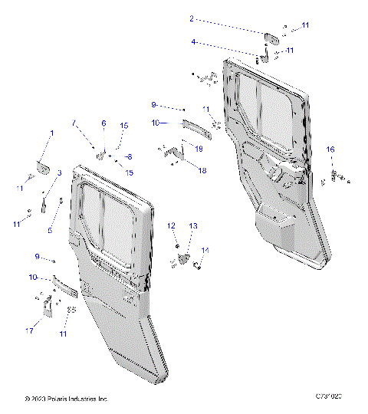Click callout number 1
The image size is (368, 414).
pos(52,133)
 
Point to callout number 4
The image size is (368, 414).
pos(193,41)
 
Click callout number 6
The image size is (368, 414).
pos(103,123)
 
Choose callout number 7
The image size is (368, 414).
pos(74,123)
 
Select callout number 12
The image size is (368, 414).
pos(172,225)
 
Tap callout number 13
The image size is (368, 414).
pos(193,225)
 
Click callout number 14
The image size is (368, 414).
pos(205,251)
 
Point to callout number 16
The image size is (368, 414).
pos(330,149)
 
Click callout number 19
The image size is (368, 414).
pos(198,148)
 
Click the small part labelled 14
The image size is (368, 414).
pos(198,265)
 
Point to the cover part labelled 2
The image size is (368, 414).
pos(270,37)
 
